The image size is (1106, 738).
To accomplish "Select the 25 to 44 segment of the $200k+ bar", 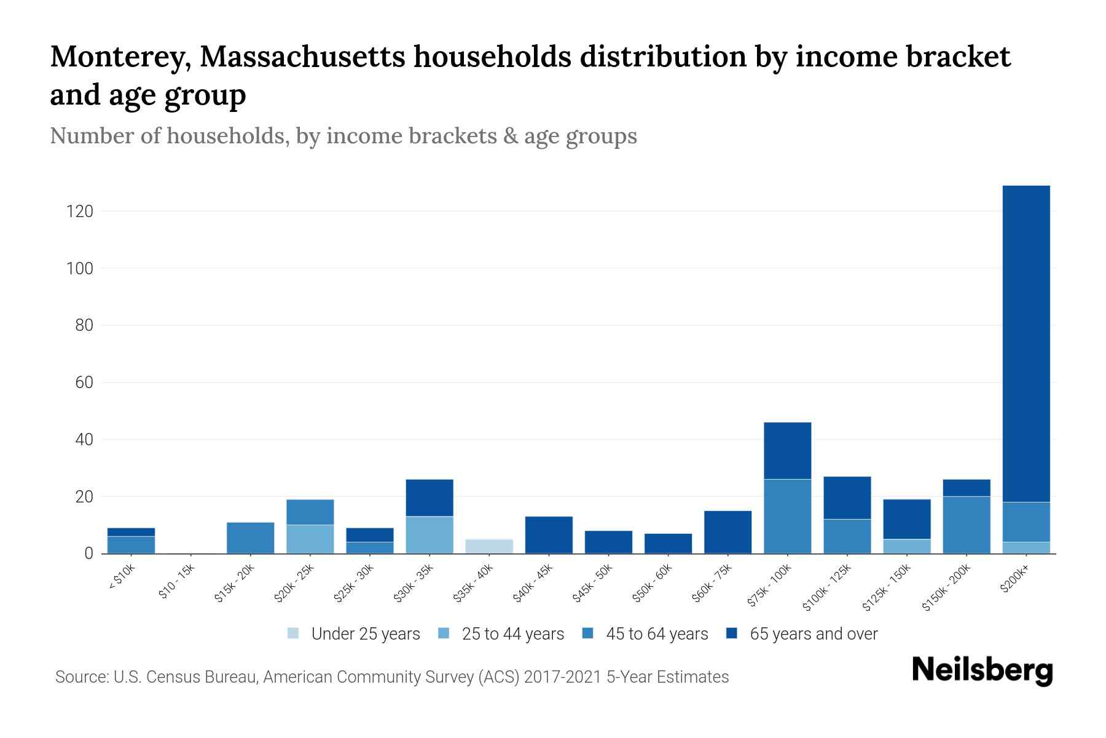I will point(1026,547).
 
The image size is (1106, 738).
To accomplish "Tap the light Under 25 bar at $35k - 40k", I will point(489,546).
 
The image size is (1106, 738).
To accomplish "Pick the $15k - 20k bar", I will point(250,538).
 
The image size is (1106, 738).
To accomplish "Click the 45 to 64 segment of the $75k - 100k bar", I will point(787,516).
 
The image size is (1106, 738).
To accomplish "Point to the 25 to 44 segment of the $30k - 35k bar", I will point(429,534).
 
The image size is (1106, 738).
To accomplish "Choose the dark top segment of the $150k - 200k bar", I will point(967,488).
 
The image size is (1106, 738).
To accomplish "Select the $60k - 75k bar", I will point(728,532).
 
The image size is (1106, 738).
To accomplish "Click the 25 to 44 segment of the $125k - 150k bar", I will point(907,546).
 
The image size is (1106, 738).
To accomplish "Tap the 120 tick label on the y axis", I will point(79,212).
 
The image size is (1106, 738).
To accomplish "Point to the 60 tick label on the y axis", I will point(84,383).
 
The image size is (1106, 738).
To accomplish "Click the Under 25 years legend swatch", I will point(294,633).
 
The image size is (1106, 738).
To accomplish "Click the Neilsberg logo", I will point(982,670).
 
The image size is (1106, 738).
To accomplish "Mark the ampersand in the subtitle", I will point(509,136).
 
